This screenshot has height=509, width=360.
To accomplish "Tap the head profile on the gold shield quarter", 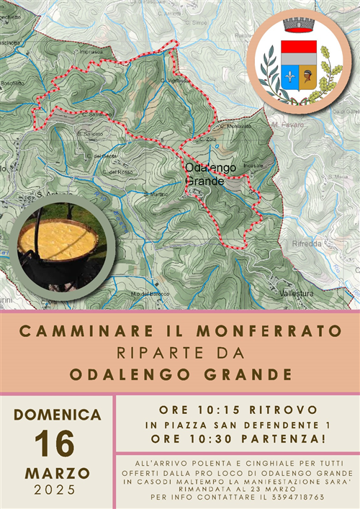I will (308, 76).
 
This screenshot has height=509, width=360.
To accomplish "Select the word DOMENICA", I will (58, 415).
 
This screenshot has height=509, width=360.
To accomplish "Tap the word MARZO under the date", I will (58, 473).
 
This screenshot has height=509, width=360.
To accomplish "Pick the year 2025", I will (56, 491).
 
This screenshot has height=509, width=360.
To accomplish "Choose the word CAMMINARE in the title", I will (76, 332).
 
